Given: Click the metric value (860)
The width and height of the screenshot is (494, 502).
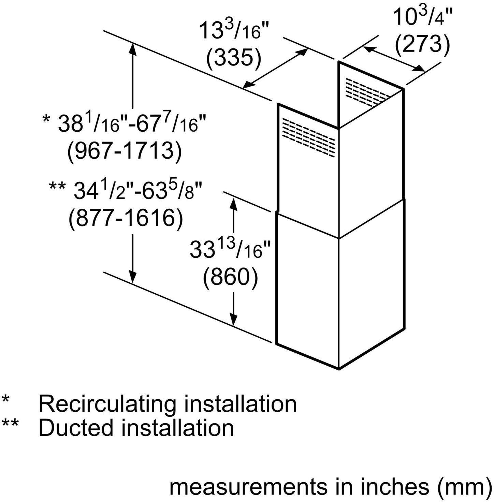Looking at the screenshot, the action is [x=230, y=277].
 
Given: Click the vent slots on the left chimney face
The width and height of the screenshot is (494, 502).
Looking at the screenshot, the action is [x=309, y=137].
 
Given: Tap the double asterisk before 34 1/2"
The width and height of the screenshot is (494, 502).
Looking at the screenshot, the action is [x=58, y=187].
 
